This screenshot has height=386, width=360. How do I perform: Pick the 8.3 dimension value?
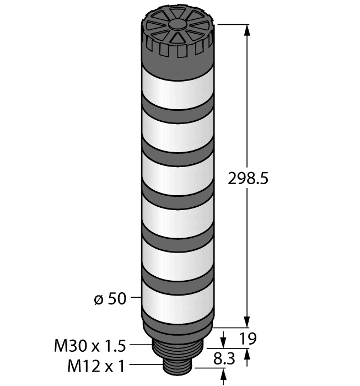[224, 360]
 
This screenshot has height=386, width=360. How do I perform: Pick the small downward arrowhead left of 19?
[224, 338]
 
